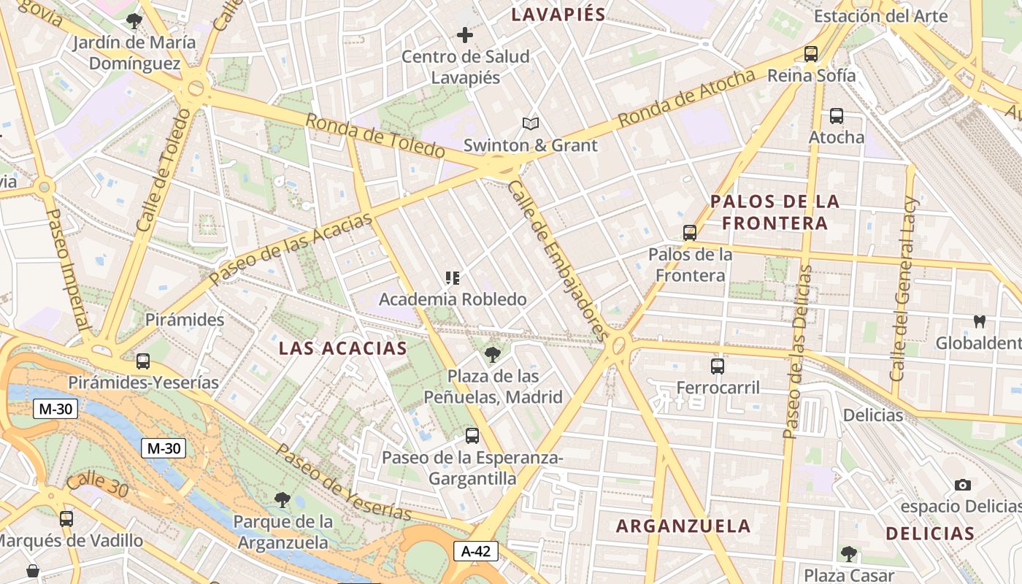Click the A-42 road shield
tap(476, 551)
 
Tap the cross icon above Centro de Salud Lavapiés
tap(465, 34)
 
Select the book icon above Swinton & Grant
tap(531, 124)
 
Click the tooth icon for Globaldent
tap(980, 321)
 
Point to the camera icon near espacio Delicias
tap(963, 485)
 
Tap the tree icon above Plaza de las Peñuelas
tap(493, 355)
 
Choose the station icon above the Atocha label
tap(837, 115)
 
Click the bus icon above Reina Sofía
tap(810, 53)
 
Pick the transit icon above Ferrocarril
tap(718, 366)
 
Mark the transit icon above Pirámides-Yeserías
tap(143, 361)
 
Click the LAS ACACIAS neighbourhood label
tap(343, 348)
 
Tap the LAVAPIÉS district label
tap(558, 15)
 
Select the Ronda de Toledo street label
tap(374, 136)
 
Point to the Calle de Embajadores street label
tap(557, 261)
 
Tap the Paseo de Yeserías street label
tap(344, 483)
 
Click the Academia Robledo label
tap(453, 299)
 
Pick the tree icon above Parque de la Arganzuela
tap(283, 500)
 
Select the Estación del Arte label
tap(880, 16)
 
